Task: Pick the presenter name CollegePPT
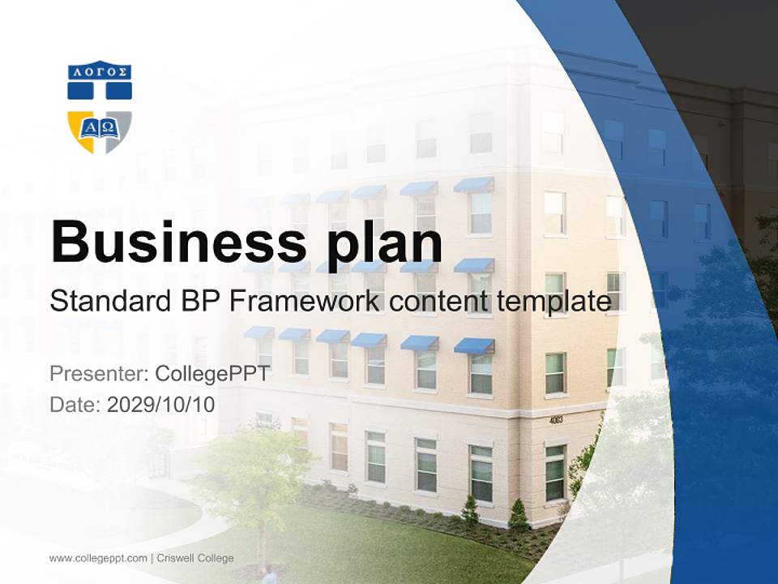pyautogui.click(x=212, y=374)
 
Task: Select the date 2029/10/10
pyautogui.click(x=161, y=405)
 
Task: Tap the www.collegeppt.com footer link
pyautogui.click(x=98, y=558)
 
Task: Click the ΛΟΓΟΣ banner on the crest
pyautogui.click(x=99, y=71)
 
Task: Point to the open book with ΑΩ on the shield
pyautogui.click(x=99, y=128)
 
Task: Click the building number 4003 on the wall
pyautogui.click(x=555, y=420)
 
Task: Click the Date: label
pyautogui.click(x=75, y=405)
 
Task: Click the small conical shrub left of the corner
pyautogui.click(x=470, y=512)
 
